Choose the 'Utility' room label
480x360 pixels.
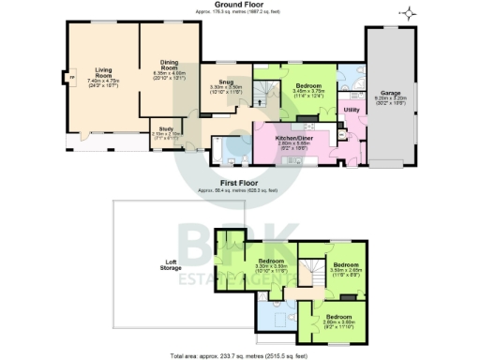click(352, 110)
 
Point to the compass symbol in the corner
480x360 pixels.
click(408, 12)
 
